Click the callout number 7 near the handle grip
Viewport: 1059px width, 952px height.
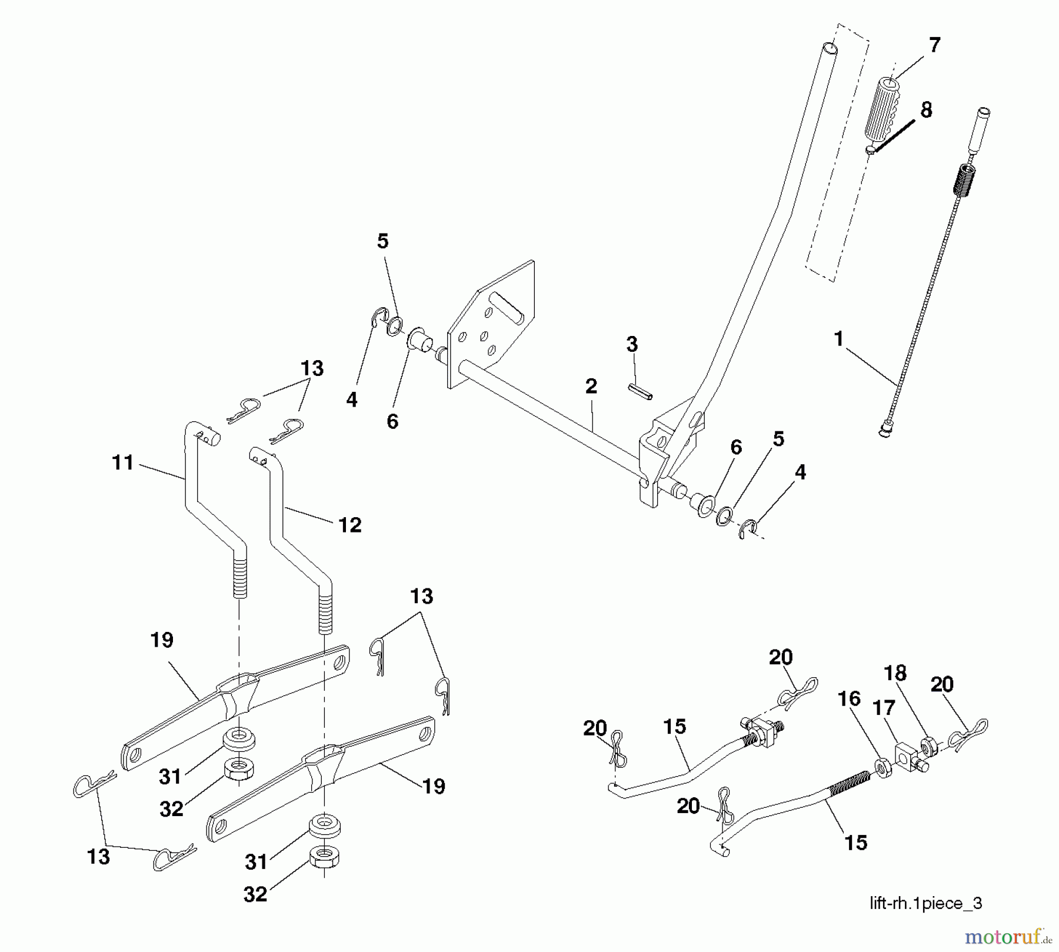pos(934,45)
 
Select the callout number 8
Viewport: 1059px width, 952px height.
pos(926,110)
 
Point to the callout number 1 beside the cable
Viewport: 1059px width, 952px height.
pos(839,339)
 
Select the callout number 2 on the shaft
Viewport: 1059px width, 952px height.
pos(591,387)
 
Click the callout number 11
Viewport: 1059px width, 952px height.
pos(123,462)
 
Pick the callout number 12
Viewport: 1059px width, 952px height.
pos(350,525)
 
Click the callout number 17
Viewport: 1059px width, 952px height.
pos(884,708)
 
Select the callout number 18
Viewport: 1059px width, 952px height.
pos(895,673)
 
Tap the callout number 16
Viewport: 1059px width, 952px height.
pos(849,699)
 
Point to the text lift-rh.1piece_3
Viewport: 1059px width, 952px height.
pos(926,904)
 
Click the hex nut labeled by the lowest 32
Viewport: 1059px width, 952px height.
pos(324,857)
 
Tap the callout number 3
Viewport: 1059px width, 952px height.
pos(632,345)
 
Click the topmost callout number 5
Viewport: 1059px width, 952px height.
pos(383,241)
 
